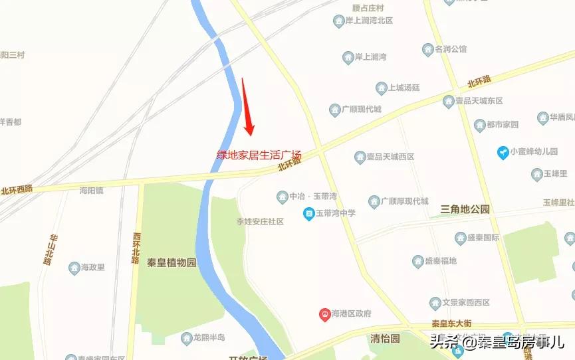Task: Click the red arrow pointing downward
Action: (x=247, y=106)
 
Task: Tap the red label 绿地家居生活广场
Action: (x=259, y=155)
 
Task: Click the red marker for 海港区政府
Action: (x=325, y=314)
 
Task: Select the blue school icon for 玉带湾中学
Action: (x=308, y=213)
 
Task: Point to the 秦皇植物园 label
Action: (x=172, y=262)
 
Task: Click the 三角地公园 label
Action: (x=465, y=209)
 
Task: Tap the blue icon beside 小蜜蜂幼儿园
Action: (x=504, y=152)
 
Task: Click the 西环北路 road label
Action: (x=136, y=248)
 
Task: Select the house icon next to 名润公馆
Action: (x=428, y=50)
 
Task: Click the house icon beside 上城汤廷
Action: (x=382, y=88)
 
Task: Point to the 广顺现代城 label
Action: (x=362, y=109)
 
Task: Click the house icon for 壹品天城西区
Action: (x=360, y=157)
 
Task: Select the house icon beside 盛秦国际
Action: (x=460, y=238)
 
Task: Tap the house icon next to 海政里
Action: (x=74, y=268)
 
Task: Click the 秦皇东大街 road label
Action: (x=451, y=324)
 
